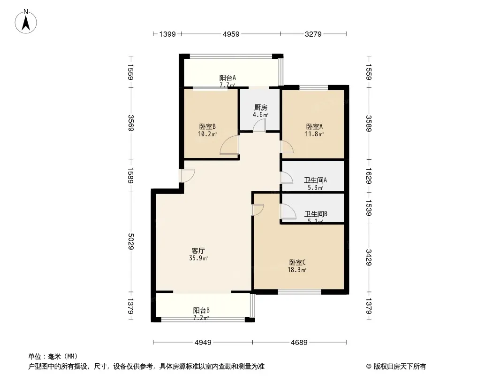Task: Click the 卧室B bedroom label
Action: point(207,126)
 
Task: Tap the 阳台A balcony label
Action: point(227,78)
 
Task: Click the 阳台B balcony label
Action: point(201,310)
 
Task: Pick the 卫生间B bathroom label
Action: point(316,214)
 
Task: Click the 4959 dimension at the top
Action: point(231,34)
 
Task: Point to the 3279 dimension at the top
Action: point(313,34)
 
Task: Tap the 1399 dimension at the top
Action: point(167,34)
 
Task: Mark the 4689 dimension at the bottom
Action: point(298,342)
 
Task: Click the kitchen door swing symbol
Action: point(259,125)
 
